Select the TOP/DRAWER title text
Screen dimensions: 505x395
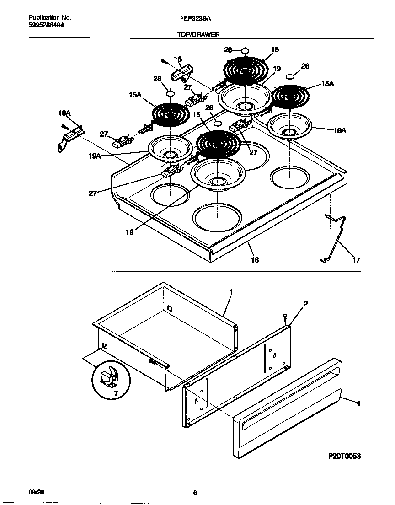tap(199, 34)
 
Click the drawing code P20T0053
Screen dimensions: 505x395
tap(344, 456)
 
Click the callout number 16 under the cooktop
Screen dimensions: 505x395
tap(255, 260)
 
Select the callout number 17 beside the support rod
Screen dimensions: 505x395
tap(356, 260)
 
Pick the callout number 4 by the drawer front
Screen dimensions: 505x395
tap(358, 403)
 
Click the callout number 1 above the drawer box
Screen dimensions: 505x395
tap(231, 291)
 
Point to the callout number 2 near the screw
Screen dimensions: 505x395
tap(305, 304)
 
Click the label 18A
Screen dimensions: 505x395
tap(64, 113)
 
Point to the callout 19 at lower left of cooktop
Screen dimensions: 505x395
tap(130, 232)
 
